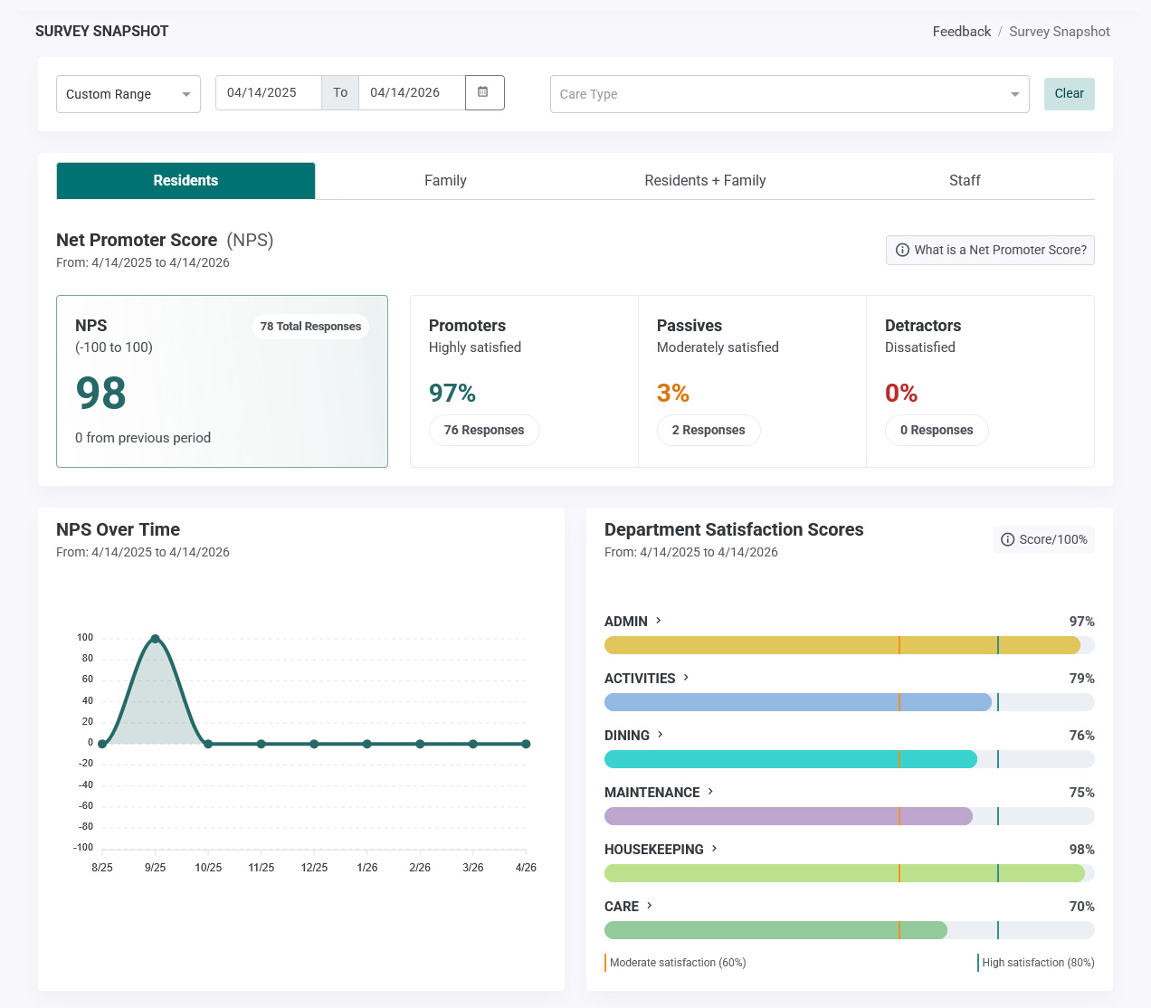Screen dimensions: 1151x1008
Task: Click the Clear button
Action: pyautogui.click(x=1069, y=94)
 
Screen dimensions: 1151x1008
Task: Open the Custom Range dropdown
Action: pyautogui.click(x=128, y=94)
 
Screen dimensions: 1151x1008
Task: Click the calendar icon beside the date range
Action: pyautogui.click(x=484, y=92)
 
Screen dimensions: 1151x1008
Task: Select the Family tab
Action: pyautogui.click(x=445, y=181)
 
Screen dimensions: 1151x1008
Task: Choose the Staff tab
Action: pyautogui.click(x=965, y=181)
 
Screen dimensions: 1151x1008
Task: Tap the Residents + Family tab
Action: pyautogui.click(x=705, y=181)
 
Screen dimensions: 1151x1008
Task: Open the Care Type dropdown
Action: pyautogui.click(x=789, y=94)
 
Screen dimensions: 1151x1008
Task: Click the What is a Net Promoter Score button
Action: pyautogui.click(x=990, y=250)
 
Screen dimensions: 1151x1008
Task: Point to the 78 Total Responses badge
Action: pyautogui.click(x=310, y=327)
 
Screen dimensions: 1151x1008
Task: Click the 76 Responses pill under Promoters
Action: pyautogui.click(x=484, y=431)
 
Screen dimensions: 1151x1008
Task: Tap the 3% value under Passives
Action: pyautogui.click(x=673, y=393)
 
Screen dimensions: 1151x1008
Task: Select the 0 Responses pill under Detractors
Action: pyautogui.click(x=937, y=431)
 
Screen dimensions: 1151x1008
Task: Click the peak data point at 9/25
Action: pyautogui.click(x=156, y=639)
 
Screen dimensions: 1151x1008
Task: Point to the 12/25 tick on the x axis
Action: pyautogui.click(x=314, y=868)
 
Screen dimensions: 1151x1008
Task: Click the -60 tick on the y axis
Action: pyautogui.click(x=86, y=805)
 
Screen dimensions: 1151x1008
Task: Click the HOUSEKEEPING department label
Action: pyautogui.click(x=653, y=850)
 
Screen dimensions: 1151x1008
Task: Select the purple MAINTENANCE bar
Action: pyautogui.click(x=788, y=816)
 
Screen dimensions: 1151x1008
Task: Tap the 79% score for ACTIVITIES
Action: pyautogui.click(x=1081, y=679)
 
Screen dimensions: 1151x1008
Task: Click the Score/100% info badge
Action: pyautogui.click(x=1043, y=539)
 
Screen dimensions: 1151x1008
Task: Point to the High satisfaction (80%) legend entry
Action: pyautogui.click(x=1036, y=963)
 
